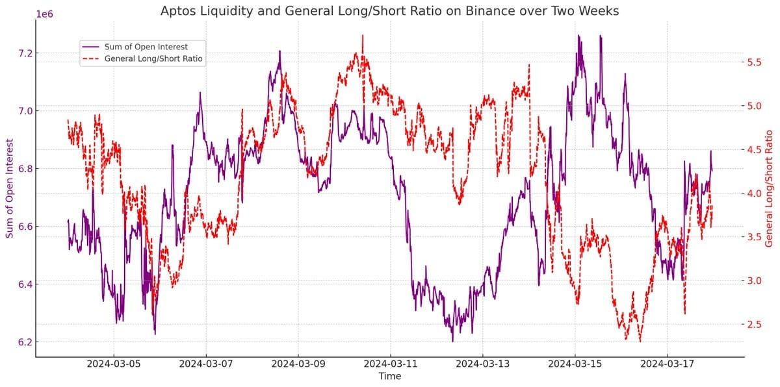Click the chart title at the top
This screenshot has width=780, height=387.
tap(390, 10)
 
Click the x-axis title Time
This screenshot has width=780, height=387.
tap(390, 377)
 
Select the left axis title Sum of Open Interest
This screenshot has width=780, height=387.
tap(10, 188)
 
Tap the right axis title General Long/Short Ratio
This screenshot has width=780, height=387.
tap(770, 188)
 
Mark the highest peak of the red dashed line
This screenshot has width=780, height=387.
tap(362, 36)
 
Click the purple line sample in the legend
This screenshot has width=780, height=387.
tap(90, 46)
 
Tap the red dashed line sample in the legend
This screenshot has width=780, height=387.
tap(90, 58)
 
